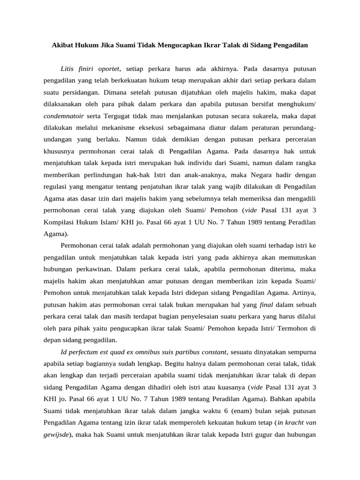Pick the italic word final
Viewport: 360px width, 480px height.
[x=266, y=304]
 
